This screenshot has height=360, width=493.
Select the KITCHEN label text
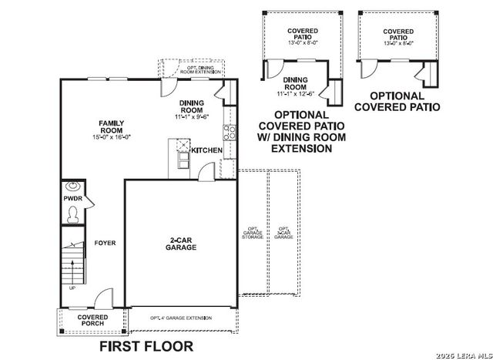pyautogui.click(x=206, y=150)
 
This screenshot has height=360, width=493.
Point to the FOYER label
pyautogui.click(x=105, y=243)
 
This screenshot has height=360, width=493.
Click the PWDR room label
pyautogui.click(x=72, y=200)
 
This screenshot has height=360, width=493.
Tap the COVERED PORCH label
pyautogui.click(x=92, y=320)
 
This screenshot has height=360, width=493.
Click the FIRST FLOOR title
pyautogui.click(x=146, y=346)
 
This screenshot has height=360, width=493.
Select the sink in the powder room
pyautogui.click(x=73, y=186)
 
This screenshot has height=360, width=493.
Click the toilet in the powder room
pyautogui.click(x=72, y=217)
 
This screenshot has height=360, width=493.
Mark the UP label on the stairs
pyautogui.click(x=72, y=288)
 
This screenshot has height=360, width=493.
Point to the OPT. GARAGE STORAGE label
pyautogui.click(x=253, y=233)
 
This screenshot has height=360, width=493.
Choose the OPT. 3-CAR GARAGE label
pyautogui.click(x=283, y=233)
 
